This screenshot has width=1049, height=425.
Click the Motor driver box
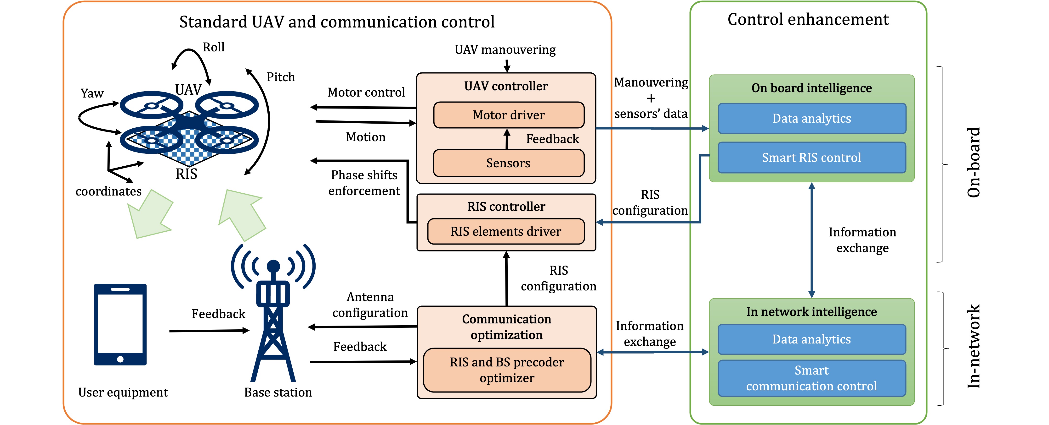coord(509,115)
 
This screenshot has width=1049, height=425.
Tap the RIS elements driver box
coord(506,231)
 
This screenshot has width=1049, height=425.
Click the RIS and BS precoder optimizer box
coord(507,370)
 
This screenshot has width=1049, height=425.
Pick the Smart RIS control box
coord(811,157)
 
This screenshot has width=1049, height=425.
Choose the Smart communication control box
coord(811,378)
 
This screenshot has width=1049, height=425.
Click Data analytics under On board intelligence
coord(811,118)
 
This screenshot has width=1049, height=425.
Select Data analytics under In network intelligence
coord(811,339)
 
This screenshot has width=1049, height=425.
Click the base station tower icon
coord(273,317)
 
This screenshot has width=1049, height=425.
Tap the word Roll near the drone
coord(213,47)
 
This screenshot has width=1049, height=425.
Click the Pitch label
coord(281,77)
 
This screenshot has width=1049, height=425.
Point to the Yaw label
coord(92,93)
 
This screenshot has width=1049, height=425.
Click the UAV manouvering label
coord(505,50)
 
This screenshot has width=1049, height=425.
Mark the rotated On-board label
coord(973,163)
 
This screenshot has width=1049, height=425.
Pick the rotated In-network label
coord(973,347)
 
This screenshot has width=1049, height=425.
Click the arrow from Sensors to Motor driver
coord(507,139)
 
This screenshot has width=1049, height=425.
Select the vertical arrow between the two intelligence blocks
coord(811,240)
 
